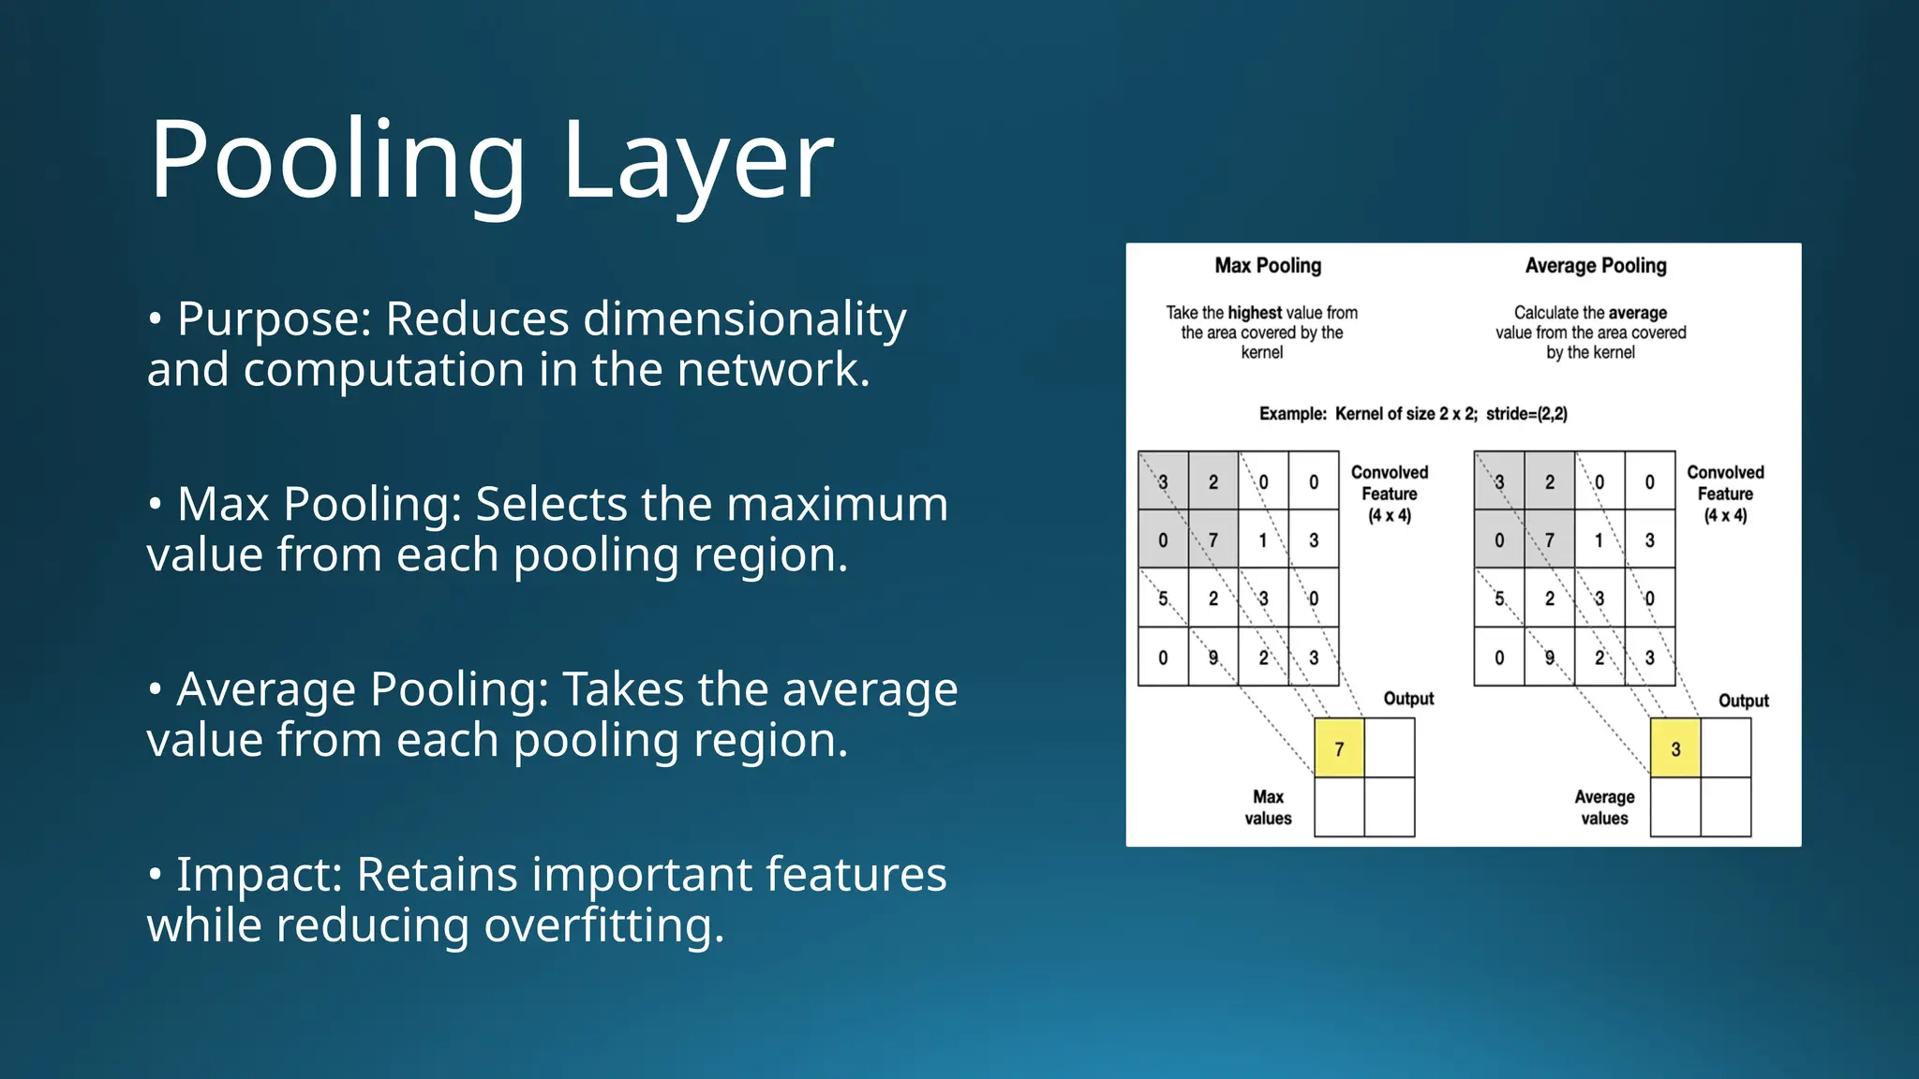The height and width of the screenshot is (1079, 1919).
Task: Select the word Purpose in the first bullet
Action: click(275, 320)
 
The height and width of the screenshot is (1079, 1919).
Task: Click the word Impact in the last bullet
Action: click(260, 875)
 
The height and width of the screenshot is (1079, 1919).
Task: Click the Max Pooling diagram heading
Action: click(1268, 266)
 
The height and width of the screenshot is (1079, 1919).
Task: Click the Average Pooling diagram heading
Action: click(1596, 266)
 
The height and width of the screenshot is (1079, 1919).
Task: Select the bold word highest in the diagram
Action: click(1255, 313)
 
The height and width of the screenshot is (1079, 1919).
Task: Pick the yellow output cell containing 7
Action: click(1339, 748)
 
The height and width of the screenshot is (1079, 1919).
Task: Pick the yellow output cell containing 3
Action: click(1675, 748)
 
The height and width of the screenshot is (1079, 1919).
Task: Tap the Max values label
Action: click(1268, 807)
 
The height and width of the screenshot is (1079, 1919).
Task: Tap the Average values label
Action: click(1604, 807)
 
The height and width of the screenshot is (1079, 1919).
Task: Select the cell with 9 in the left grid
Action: click(1213, 658)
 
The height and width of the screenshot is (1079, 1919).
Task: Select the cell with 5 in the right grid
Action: click(1499, 599)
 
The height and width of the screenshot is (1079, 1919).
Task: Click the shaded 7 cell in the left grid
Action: click(1213, 540)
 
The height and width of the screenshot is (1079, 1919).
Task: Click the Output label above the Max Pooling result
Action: click(1408, 699)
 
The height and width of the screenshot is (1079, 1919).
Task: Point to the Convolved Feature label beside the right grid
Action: click(1725, 494)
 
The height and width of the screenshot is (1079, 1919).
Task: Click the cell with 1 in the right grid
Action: click(1599, 540)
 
